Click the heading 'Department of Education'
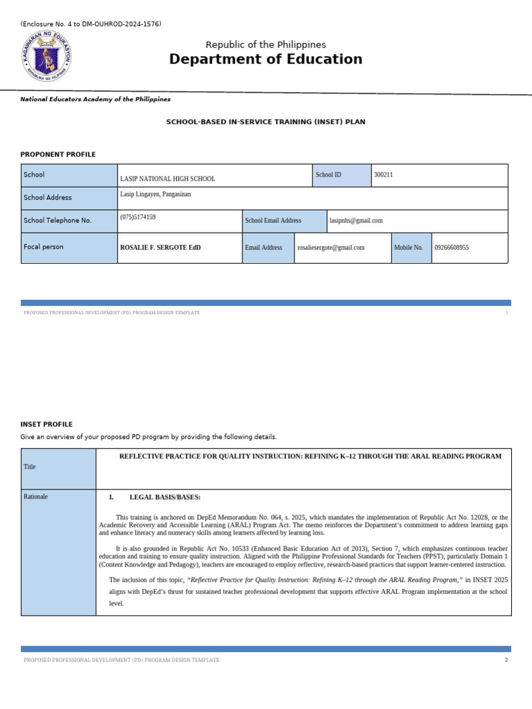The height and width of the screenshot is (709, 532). point(265,60)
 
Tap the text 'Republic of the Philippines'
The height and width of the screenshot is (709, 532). point(266,44)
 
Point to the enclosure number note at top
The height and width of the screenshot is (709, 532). point(91,24)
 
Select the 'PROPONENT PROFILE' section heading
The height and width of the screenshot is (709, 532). point(58,154)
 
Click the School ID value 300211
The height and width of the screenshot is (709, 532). point(383,175)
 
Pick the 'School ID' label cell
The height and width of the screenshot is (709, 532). point(341,175)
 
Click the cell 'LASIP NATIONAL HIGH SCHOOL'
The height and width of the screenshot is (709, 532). point(168,179)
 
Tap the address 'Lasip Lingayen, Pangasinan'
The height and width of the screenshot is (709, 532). point(155,195)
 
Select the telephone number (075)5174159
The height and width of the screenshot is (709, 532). point(138,217)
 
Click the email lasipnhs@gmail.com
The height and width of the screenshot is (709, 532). point(356,221)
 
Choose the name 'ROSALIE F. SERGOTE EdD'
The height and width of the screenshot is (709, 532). point(161,247)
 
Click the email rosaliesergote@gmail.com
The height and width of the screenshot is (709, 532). point(330,247)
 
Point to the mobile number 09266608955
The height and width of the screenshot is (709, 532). point(452,247)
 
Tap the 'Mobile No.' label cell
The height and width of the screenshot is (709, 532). point(409,247)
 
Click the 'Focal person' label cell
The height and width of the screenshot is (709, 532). point(44,247)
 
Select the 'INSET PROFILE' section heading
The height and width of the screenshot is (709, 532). point(46,424)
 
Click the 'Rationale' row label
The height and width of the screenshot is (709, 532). point(35,496)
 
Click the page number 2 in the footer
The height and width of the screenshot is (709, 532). point(506,660)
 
